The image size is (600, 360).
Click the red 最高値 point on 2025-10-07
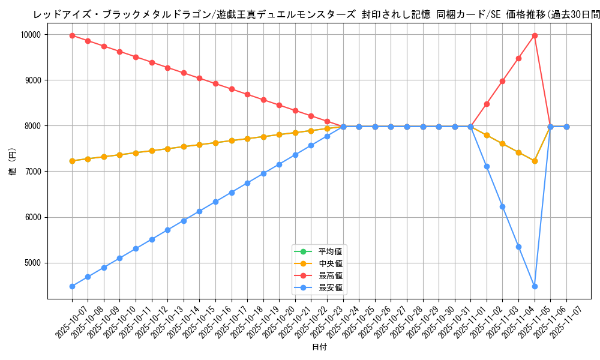(x=72, y=35)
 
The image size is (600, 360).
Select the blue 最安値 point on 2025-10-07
(x=72, y=286)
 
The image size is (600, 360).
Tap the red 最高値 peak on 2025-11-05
(x=535, y=35)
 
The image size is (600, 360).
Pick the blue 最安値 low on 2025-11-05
(x=535, y=286)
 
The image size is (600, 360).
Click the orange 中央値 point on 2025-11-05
(x=535, y=161)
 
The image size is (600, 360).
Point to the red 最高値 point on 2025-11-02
(x=487, y=104)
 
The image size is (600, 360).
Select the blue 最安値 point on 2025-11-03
(x=503, y=206)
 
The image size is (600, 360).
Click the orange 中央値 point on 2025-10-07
(x=72, y=161)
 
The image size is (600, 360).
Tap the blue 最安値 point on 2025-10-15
(x=200, y=211)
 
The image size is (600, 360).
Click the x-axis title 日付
(x=319, y=347)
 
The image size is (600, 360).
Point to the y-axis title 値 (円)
(x=13, y=163)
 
